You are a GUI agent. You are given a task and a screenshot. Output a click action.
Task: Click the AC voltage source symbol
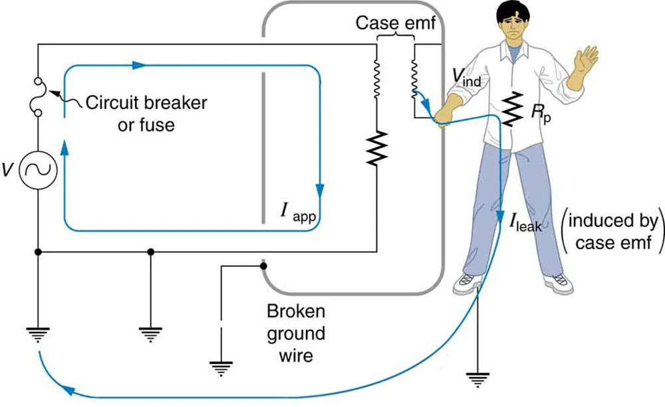click(x=38, y=171)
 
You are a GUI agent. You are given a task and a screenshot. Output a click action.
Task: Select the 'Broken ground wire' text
click(x=296, y=333)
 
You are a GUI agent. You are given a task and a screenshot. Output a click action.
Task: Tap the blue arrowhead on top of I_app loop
click(x=138, y=65)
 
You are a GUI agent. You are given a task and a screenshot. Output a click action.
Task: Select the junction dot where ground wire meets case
click(x=264, y=267)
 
